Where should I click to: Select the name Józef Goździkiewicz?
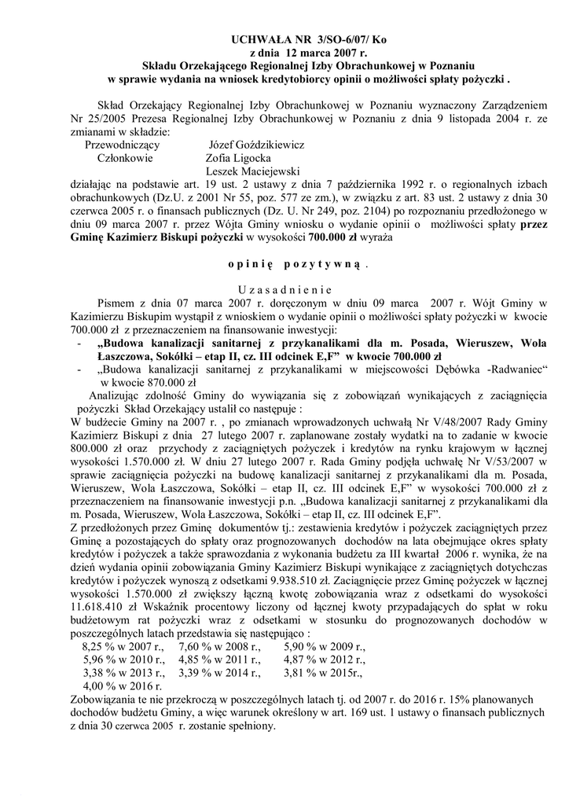pyautogui.click(x=256, y=145)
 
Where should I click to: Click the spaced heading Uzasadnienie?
pyautogui.click(x=284, y=286)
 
